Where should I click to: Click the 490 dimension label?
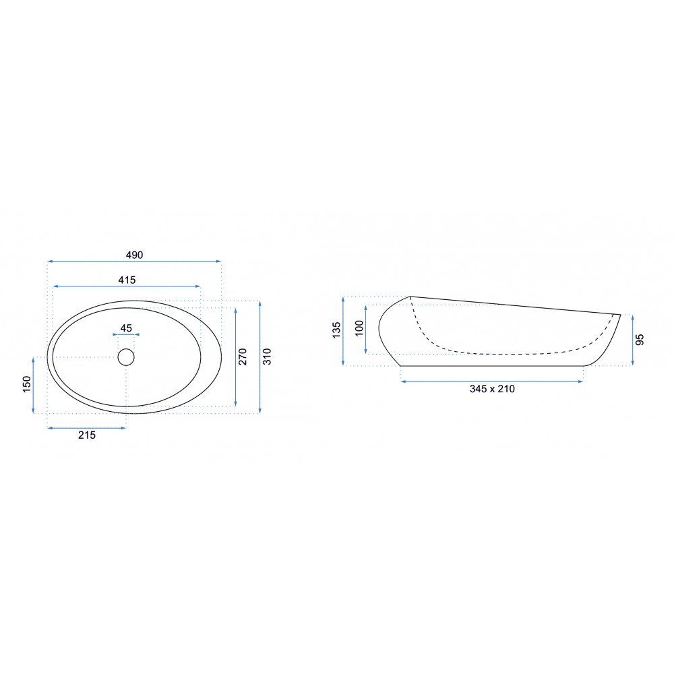pyautogui.click(x=134, y=255)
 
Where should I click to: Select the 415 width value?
pyautogui.click(x=127, y=280)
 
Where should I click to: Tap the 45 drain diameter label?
pyautogui.click(x=126, y=328)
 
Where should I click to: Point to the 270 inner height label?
pyautogui.click(x=243, y=357)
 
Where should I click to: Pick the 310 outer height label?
pyautogui.click(x=267, y=357)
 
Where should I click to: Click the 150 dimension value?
pyautogui.click(x=27, y=384)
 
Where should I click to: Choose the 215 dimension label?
pyautogui.click(x=87, y=435)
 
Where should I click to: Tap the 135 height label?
pyautogui.click(x=336, y=330)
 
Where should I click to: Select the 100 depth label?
pyautogui.click(x=359, y=328)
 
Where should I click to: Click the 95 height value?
pyautogui.click(x=640, y=340)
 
